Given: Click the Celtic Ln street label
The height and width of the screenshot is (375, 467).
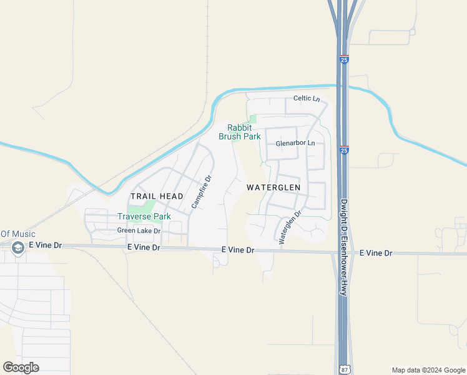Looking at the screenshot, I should tap(307, 99).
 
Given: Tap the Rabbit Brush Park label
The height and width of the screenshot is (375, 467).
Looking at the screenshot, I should tap(239, 132).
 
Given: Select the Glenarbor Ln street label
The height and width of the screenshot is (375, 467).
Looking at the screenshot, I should tap(295, 143).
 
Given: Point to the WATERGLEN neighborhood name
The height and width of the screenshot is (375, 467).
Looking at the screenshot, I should tap(273, 187).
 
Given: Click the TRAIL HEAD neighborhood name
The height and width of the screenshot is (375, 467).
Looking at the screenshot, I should tap(157, 196).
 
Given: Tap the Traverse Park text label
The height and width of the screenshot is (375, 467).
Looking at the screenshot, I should tap(144, 217).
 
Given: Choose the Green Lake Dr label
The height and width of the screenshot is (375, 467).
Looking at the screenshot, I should tap(139, 231).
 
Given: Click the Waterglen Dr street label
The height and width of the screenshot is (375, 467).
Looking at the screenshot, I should tap(290, 226).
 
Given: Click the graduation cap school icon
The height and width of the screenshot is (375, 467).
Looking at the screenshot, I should tap(17, 247).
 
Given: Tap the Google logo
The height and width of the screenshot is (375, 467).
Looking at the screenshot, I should tap(21, 367).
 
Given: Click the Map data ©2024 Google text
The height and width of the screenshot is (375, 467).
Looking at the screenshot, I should tap(428, 370).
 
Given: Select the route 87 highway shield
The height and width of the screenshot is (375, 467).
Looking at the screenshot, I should tap(345, 369).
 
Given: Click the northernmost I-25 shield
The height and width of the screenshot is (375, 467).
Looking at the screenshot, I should tap(345, 59).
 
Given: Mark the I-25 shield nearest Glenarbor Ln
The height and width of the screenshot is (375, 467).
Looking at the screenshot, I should tap(345, 150).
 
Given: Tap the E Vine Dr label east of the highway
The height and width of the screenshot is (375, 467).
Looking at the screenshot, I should tap(376, 253).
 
